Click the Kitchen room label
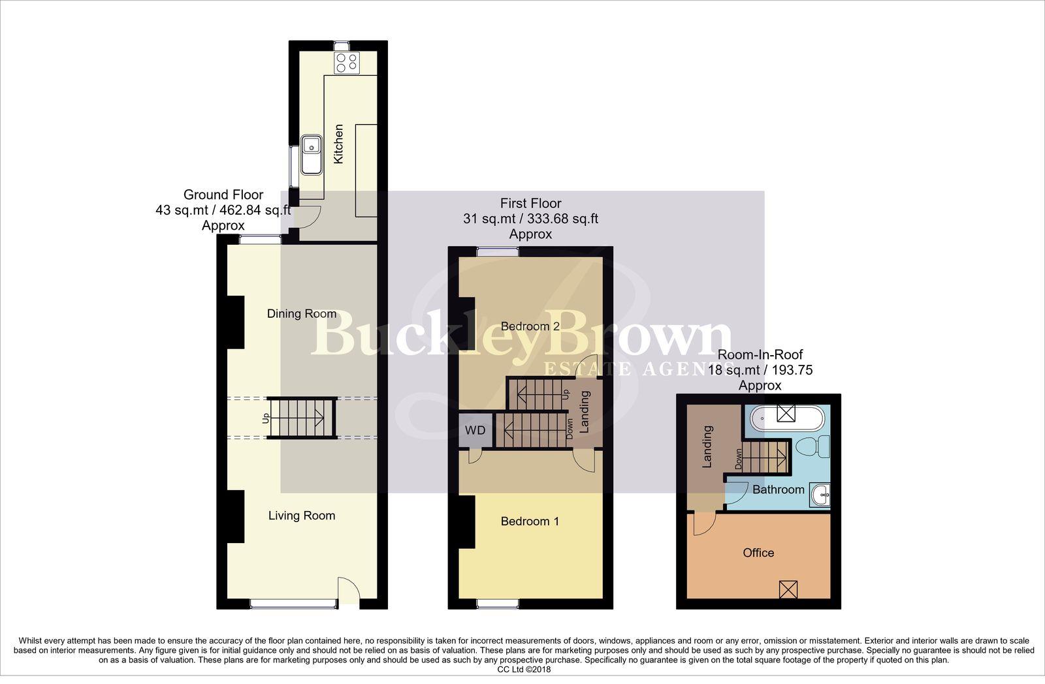(x=338, y=144)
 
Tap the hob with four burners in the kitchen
(x=346, y=63)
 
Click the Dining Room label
(x=302, y=314)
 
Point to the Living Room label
(x=302, y=516)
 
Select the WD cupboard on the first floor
(x=475, y=431)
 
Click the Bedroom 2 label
(x=530, y=326)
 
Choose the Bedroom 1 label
(x=530, y=521)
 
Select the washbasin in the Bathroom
(x=820, y=495)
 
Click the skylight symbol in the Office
(x=788, y=589)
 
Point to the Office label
(x=758, y=553)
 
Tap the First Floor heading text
(x=530, y=203)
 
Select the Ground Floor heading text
(x=223, y=194)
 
